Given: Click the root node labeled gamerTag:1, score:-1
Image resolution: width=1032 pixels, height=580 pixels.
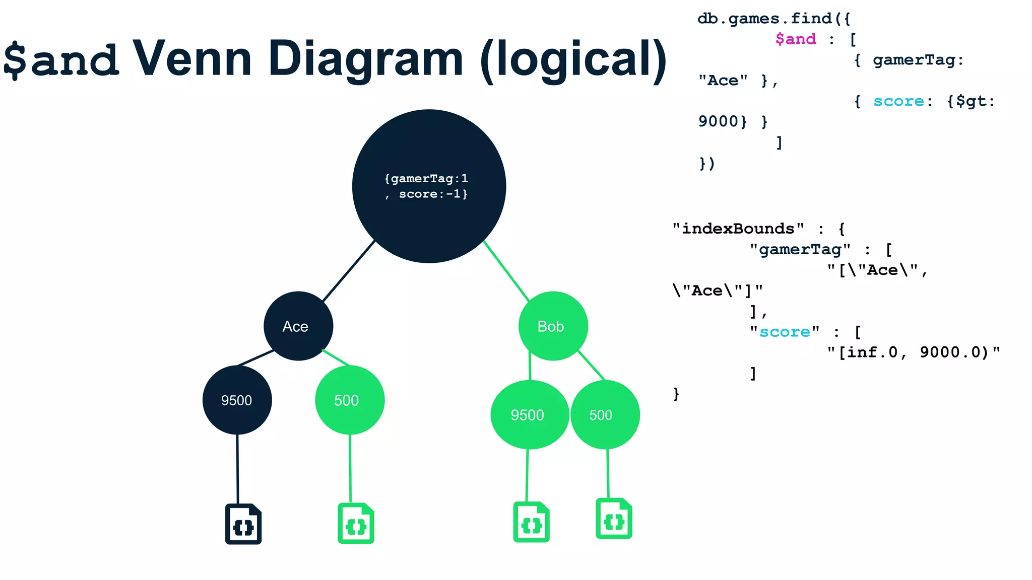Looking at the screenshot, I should tap(429, 186).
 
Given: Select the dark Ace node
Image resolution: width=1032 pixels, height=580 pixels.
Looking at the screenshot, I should tap(298, 326).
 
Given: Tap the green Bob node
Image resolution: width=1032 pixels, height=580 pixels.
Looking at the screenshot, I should tap(553, 326).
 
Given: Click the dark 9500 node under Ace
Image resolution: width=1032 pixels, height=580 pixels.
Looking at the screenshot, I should tap(237, 400).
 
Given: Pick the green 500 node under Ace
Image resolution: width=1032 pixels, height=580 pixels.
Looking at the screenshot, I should tap(349, 400).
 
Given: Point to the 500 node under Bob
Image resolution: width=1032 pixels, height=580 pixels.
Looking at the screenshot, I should tap(605, 415).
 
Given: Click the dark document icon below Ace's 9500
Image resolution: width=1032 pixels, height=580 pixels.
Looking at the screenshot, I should tap(243, 524).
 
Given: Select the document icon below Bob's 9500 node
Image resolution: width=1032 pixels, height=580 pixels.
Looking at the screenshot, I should tap(531, 522).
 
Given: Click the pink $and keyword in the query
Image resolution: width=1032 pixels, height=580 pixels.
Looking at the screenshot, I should tap(795, 39).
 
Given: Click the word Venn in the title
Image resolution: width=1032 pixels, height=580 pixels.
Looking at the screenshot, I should tap(191, 59).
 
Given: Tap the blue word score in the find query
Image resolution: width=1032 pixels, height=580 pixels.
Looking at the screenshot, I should tap(898, 101).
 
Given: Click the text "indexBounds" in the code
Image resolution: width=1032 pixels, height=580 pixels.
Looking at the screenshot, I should tap(738, 229).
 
